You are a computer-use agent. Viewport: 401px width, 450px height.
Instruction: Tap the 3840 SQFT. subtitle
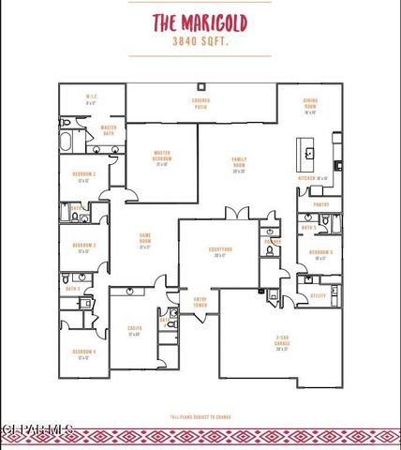pos(200,43)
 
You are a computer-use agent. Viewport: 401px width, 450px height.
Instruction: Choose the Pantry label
pos(321,203)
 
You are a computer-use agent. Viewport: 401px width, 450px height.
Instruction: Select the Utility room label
pos(319,295)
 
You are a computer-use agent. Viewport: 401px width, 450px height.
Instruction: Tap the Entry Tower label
pos(200,302)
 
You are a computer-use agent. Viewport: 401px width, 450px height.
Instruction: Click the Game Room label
pos(145,236)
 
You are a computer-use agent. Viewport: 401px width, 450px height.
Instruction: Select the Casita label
pos(134,330)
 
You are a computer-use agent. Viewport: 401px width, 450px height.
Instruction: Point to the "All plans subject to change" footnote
pos(200,416)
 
